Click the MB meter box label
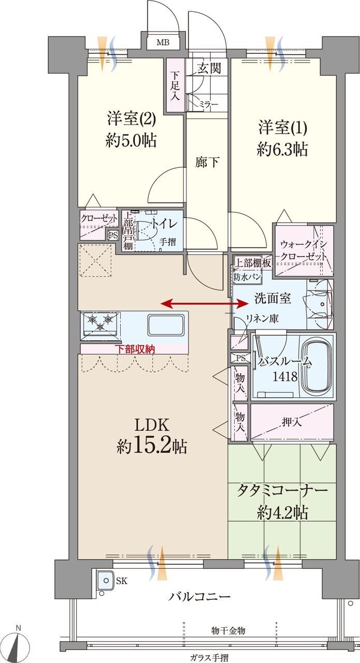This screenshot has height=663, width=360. [x=162, y=42]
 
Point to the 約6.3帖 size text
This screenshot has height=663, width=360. [x=282, y=150]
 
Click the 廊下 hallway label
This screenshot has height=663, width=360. [x=207, y=162]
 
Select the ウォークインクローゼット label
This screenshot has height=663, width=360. [x=303, y=250]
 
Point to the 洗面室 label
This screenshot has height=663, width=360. [x=272, y=298]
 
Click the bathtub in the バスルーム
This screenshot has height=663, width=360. [x=316, y=366]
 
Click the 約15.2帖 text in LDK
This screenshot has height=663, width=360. [x=152, y=446]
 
